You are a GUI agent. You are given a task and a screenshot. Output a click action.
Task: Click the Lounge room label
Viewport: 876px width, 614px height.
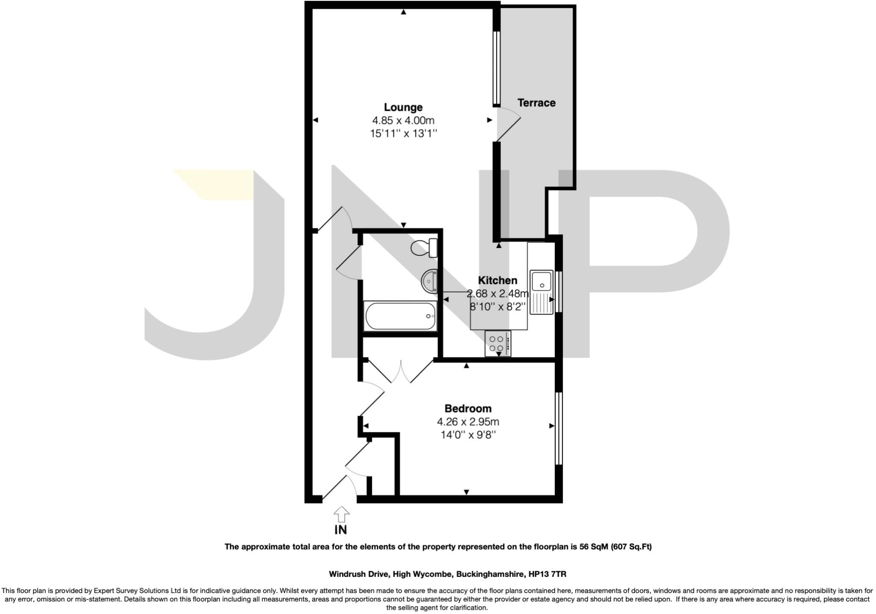point(403,107)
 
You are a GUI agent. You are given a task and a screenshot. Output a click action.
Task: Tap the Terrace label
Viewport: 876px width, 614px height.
point(536,103)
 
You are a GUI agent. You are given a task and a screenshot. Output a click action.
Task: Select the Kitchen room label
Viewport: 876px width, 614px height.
point(497,280)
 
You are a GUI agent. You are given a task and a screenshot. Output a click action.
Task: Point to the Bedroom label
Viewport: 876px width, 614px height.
point(468,408)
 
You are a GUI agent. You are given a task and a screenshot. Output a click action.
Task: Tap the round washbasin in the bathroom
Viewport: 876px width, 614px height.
point(429,281)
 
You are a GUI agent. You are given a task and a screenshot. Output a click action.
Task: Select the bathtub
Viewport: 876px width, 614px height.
point(400,316)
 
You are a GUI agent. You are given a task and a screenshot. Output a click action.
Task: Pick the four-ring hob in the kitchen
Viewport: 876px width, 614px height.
point(497,344)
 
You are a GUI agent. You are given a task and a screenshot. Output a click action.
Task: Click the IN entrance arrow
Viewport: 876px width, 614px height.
point(341,515)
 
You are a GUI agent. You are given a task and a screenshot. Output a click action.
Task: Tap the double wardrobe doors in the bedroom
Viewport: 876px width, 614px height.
point(401,371)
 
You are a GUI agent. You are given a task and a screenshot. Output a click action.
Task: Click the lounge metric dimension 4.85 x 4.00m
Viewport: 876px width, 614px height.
point(403,121)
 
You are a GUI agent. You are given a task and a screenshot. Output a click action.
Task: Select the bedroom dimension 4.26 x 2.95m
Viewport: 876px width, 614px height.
point(468,422)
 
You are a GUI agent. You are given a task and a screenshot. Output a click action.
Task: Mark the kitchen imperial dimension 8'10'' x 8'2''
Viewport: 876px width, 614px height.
point(497,307)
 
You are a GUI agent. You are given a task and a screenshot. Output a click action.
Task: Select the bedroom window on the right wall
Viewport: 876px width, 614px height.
point(558,428)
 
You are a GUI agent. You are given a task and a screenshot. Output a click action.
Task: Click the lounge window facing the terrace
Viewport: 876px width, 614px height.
point(497,68)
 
